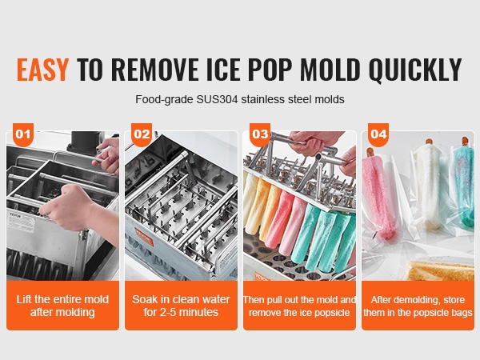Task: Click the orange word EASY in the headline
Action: (x=42, y=69)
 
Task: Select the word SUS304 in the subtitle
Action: (x=217, y=99)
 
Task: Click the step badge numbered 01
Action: (x=23, y=134)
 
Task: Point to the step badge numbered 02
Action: (x=142, y=134)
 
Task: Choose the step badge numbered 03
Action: (x=260, y=134)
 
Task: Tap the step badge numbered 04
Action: (x=378, y=134)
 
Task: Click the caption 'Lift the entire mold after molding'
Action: (x=62, y=306)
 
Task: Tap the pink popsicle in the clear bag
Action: (x=376, y=196)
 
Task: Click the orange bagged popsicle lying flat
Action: (x=442, y=270)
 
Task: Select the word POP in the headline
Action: (x=270, y=69)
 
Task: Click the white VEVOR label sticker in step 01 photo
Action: (x=22, y=221)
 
